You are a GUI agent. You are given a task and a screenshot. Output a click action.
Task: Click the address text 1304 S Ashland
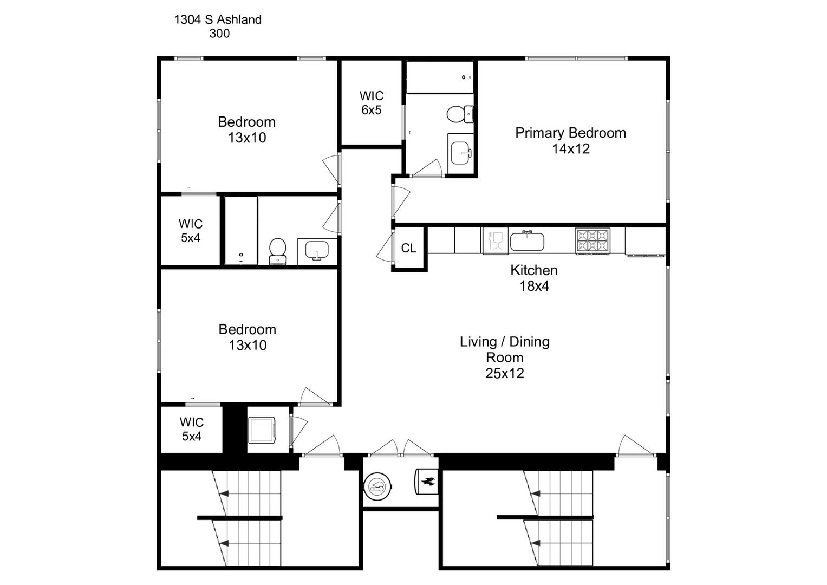218,19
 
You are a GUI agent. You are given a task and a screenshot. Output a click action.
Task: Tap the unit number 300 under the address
219,34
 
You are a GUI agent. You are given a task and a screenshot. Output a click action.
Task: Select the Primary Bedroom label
570,133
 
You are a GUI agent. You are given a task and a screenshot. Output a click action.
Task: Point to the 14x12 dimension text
571,148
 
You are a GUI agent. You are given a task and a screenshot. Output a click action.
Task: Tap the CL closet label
409,248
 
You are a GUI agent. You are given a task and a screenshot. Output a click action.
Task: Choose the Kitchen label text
533,270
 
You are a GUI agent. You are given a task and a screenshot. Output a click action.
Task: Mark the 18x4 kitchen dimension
534,286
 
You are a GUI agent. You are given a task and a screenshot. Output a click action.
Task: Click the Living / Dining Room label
504,349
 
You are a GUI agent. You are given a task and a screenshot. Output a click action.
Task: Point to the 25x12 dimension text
504,373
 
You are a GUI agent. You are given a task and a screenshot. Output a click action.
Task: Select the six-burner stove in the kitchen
592,240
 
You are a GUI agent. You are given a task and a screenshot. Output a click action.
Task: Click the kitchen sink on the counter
527,240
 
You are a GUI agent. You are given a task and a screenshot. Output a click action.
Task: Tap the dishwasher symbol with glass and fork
496,240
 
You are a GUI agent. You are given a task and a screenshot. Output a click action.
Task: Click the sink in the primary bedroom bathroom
461,153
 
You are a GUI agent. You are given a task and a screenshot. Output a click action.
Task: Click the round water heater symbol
377,486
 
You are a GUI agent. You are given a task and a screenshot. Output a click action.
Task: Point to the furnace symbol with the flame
427,482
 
